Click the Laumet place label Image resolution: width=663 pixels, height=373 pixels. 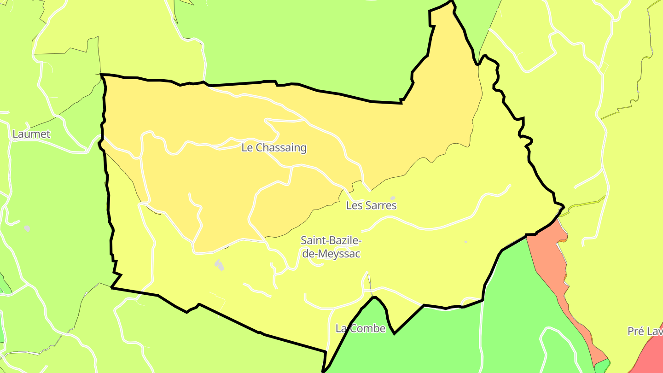pyautogui.click(x=31, y=134)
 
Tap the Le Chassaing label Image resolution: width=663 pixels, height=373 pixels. pyautogui.click(x=274, y=148)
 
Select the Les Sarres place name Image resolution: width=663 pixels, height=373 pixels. pyautogui.click(x=371, y=205)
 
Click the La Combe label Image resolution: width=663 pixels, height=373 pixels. pyautogui.click(x=361, y=328)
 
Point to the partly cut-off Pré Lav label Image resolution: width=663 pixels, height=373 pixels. pyautogui.click(x=645, y=331)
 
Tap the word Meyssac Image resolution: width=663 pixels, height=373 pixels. pyautogui.click(x=341, y=254)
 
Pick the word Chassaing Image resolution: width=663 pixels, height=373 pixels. pyautogui.click(x=281, y=148)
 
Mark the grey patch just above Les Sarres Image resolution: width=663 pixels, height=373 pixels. pyautogui.click(x=393, y=198)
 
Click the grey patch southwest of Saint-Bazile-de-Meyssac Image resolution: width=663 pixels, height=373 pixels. pyautogui.click(x=220, y=265)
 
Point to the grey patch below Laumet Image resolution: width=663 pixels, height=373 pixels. pyautogui.click(x=27, y=228)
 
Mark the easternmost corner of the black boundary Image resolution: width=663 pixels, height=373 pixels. pyautogui.click(x=564, y=205)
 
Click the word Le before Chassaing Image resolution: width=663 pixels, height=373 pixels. pyautogui.click(x=248, y=148)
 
